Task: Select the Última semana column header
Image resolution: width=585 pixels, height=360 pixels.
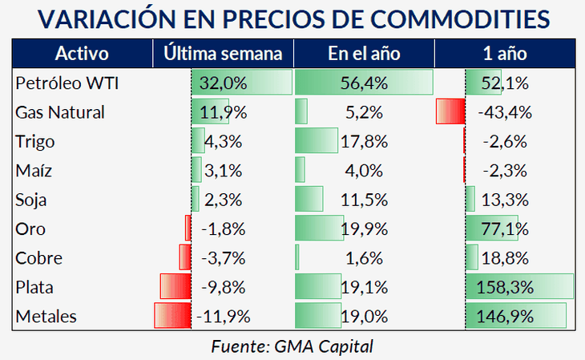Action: tap(223, 55)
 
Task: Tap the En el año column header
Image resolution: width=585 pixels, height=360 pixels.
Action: tap(364, 55)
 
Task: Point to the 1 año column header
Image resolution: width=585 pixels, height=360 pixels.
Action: tap(505, 55)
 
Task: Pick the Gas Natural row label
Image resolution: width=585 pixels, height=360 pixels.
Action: tap(59, 112)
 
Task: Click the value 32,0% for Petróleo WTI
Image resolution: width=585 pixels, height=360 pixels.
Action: tap(224, 83)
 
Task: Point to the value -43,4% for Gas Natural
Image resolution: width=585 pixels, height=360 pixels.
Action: tap(502, 112)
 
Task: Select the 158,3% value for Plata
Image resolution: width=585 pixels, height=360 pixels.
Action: tap(506, 287)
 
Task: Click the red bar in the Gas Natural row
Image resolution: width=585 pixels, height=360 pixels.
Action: tap(449, 112)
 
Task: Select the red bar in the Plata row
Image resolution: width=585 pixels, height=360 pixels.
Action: tap(175, 287)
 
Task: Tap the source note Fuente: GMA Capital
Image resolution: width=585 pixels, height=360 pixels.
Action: tap(292, 346)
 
